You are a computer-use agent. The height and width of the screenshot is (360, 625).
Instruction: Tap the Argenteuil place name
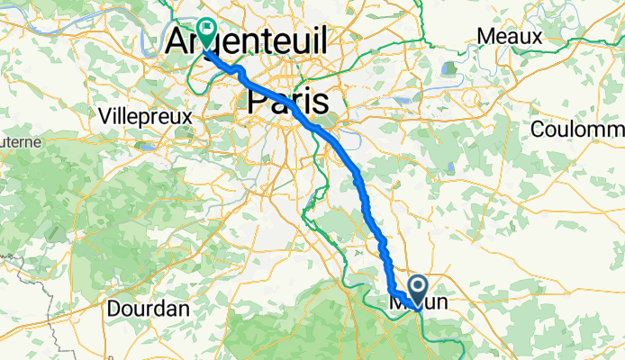click(x=247, y=40)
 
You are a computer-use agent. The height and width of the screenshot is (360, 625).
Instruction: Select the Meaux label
click(x=510, y=37)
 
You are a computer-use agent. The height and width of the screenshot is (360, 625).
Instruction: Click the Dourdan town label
click(x=148, y=308)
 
